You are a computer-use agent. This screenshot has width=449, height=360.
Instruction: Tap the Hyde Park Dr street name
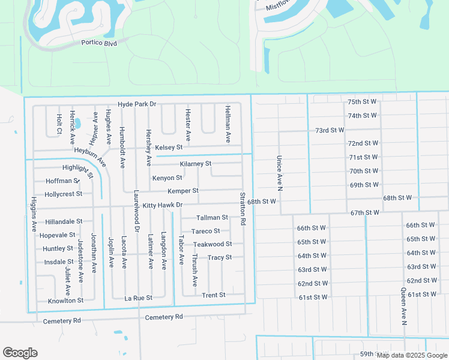[x=137, y=104]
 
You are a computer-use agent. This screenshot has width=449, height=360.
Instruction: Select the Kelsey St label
[x=169, y=147]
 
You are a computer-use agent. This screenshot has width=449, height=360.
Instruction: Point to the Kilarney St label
[x=196, y=164]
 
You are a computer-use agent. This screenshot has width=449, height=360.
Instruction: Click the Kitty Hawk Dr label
[x=162, y=205]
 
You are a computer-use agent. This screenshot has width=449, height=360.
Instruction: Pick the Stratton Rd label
[x=243, y=209]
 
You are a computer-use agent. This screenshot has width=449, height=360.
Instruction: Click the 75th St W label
[x=362, y=103]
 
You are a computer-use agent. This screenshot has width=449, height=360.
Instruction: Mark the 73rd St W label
[x=330, y=130]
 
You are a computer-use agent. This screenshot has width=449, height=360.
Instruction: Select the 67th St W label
[x=365, y=213]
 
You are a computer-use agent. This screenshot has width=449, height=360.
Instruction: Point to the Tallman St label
[x=212, y=218]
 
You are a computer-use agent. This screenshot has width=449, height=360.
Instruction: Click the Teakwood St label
[x=212, y=244]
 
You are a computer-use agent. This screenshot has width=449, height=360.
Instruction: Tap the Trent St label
[x=214, y=295]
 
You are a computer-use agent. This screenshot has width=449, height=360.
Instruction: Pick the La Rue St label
[x=139, y=298]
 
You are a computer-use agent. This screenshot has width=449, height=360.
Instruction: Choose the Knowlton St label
[x=65, y=300]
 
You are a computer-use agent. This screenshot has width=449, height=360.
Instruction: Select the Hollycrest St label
[x=63, y=194]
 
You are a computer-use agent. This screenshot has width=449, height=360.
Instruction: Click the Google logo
[x=20, y=353]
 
